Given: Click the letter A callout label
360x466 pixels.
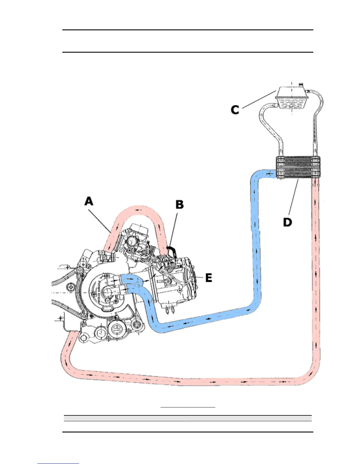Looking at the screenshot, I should [x=89, y=202].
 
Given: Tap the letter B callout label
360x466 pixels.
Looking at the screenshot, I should [x=179, y=205].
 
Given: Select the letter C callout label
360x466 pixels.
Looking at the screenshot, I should [x=235, y=110].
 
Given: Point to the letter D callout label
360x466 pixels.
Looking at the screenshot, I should [x=287, y=222].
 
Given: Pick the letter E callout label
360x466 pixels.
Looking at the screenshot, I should [x=209, y=278].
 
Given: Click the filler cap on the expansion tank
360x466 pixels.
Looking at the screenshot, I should [x=300, y=85].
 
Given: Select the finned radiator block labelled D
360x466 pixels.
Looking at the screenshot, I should [x=298, y=167].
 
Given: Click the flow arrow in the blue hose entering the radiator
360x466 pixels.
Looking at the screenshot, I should [x=269, y=174].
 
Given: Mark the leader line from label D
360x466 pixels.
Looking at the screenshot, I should [x=294, y=197].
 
